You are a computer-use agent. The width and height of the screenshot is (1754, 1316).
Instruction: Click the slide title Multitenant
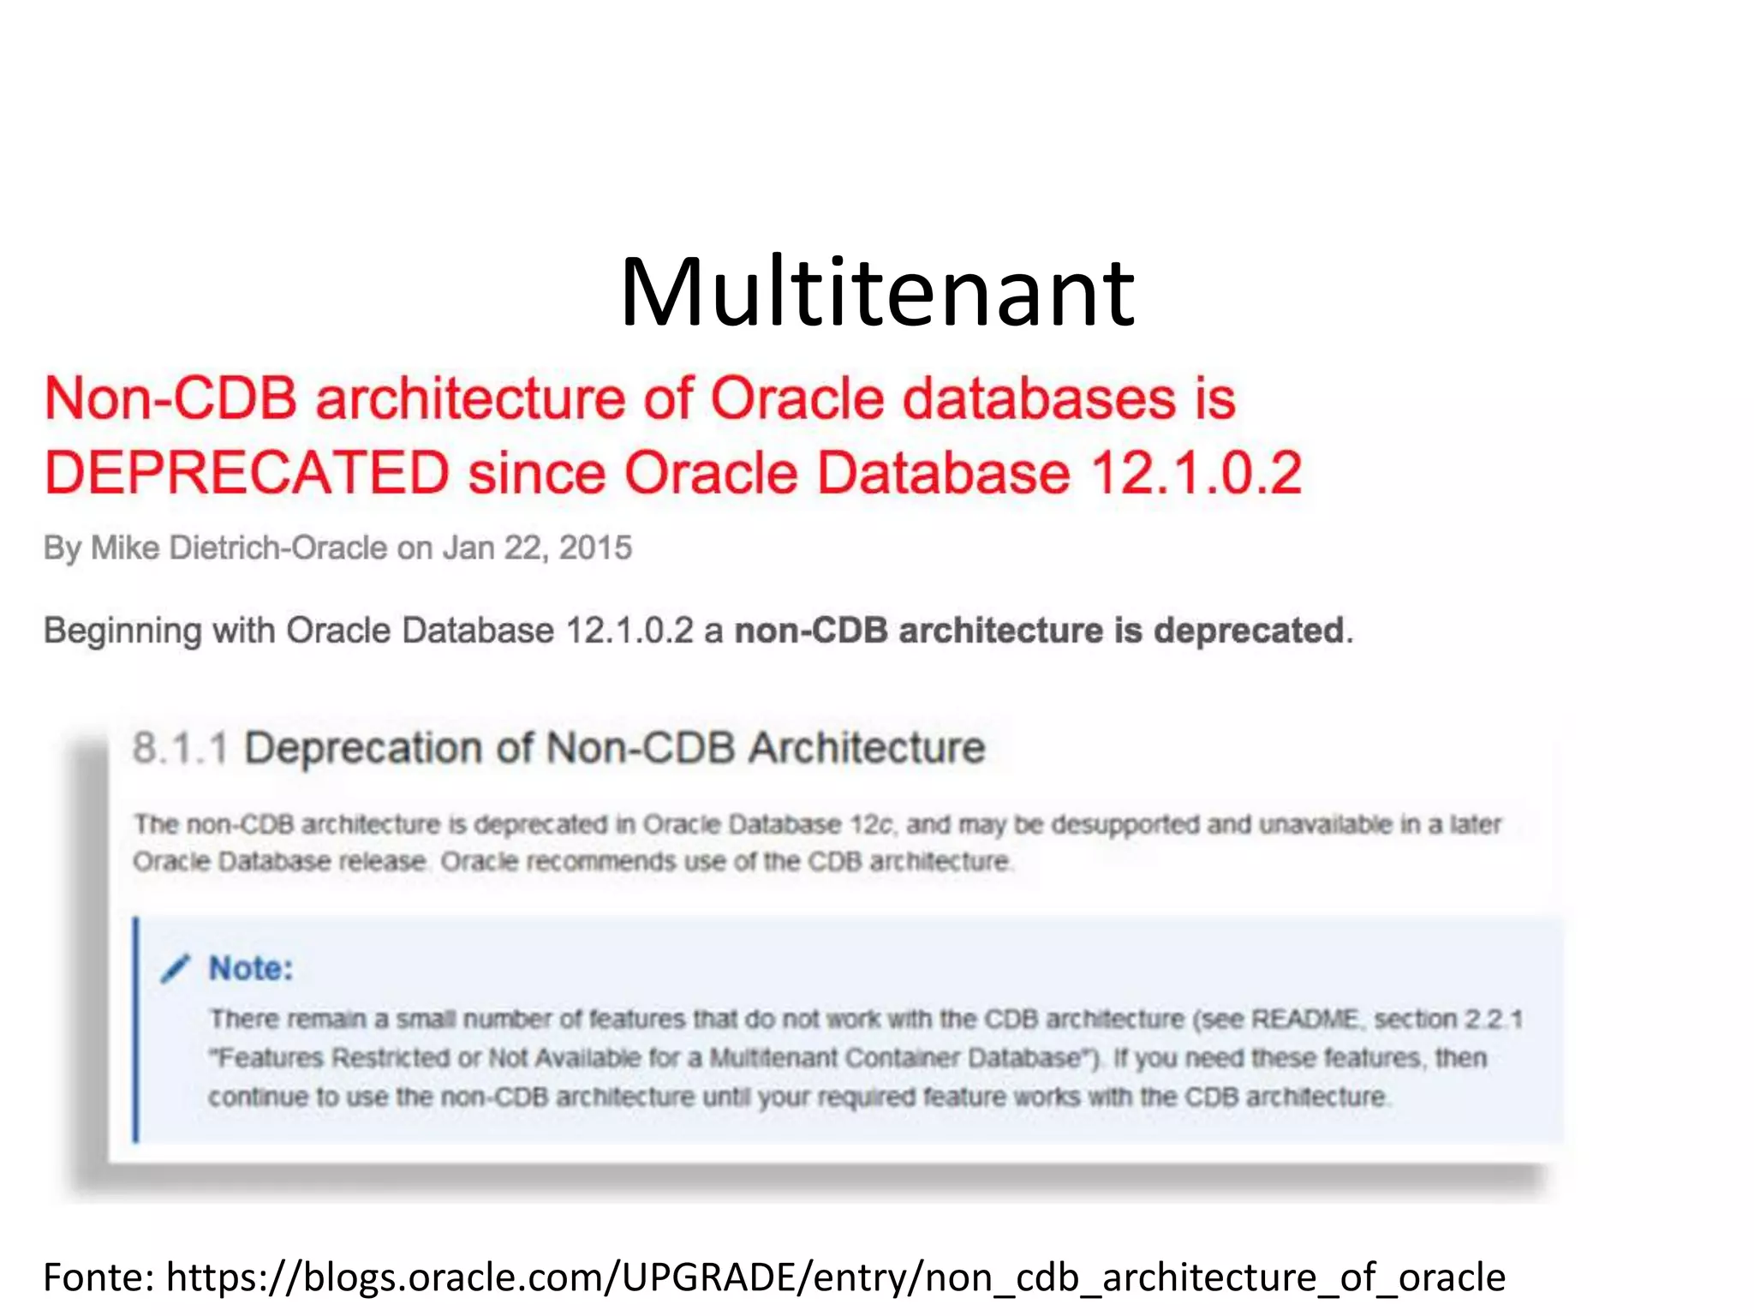(x=877, y=293)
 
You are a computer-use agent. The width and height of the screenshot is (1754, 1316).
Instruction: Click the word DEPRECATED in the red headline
(x=247, y=473)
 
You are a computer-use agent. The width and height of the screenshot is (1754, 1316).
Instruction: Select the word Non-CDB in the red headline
(x=170, y=398)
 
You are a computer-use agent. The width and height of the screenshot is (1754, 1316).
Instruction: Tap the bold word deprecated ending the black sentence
(x=1250, y=631)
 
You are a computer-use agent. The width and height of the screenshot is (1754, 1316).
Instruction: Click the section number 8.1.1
(x=180, y=748)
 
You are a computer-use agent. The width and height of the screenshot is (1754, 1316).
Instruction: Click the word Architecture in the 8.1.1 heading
(x=867, y=748)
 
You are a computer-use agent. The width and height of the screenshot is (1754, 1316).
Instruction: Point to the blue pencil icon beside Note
(x=174, y=969)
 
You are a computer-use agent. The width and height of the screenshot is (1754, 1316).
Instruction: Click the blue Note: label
(x=251, y=969)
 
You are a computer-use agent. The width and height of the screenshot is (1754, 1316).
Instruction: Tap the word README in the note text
(x=1304, y=1019)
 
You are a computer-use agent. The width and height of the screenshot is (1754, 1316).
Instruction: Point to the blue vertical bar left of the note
(x=135, y=1029)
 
